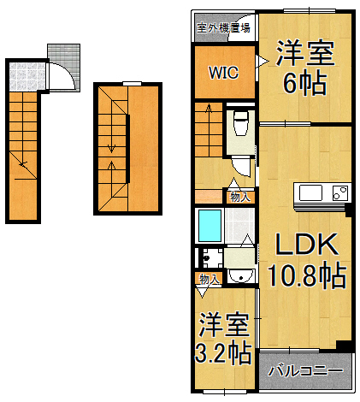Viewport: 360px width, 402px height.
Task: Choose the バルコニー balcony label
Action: pos(305,372)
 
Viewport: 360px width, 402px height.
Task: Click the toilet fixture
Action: pos(240,124)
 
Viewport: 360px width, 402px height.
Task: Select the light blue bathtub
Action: pos(210,225)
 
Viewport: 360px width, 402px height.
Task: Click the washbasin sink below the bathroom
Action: pos(242,274)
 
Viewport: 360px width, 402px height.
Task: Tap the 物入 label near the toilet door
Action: pos(239,197)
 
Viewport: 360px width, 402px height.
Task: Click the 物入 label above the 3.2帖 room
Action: pos(209,280)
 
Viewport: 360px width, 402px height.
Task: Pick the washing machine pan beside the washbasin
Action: pos(210,256)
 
